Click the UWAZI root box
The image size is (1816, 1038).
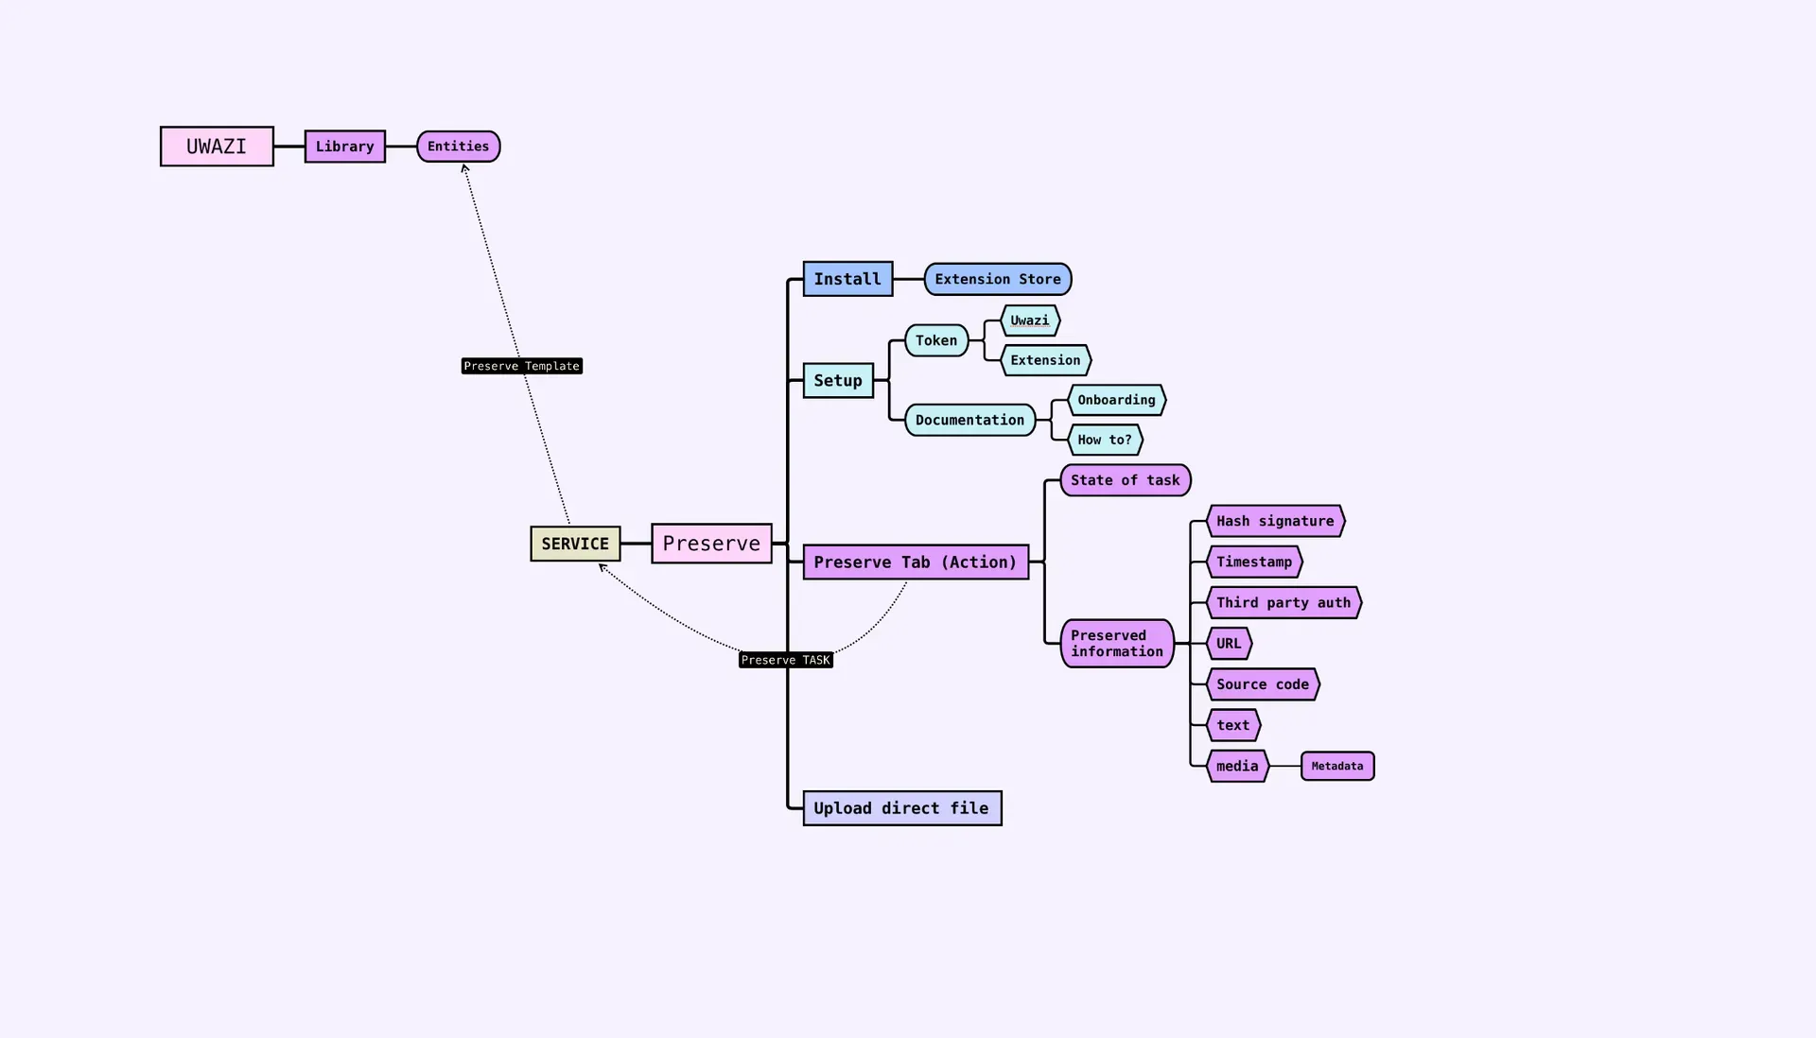click(217, 147)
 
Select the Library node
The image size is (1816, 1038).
click(344, 147)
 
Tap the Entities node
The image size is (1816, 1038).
click(458, 147)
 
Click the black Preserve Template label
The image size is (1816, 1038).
click(521, 366)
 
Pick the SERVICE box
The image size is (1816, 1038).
click(575, 544)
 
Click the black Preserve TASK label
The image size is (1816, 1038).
click(785, 660)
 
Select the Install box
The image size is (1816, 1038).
click(847, 279)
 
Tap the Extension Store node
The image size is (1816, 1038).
click(997, 279)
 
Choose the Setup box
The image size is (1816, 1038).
click(838, 380)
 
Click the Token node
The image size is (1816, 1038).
click(935, 340)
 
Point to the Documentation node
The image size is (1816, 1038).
click(969, 420)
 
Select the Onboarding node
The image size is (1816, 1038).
click(1116, 400)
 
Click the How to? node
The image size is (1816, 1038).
click(1104, 440)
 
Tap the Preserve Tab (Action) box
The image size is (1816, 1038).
click(915, 562)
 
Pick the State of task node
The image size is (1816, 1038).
click(1125, 480)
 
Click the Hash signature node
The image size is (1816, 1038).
click(1275, 521)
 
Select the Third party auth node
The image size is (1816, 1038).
click(1283, 602)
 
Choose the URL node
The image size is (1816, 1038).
click(1229, 644)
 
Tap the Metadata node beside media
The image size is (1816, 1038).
click(1336, 766)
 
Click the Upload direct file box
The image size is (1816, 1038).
click(901, 808)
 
